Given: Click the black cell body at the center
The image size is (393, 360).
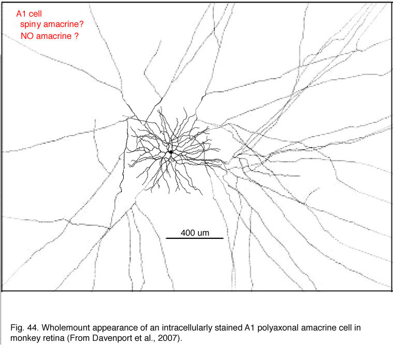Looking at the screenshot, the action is (x=171, y=152).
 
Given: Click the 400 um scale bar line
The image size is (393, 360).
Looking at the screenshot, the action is (x=195, y=238).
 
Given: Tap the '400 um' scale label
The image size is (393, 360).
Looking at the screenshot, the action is (x=195, y=233).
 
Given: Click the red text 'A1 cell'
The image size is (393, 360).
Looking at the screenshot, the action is (x=29, y=14).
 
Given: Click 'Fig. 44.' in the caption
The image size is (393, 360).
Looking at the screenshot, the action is (x=25, y=328).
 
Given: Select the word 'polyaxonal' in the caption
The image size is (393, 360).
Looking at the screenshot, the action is (x=278, y=328).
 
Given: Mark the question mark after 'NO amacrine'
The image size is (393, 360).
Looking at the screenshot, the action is (x=77, y=36).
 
